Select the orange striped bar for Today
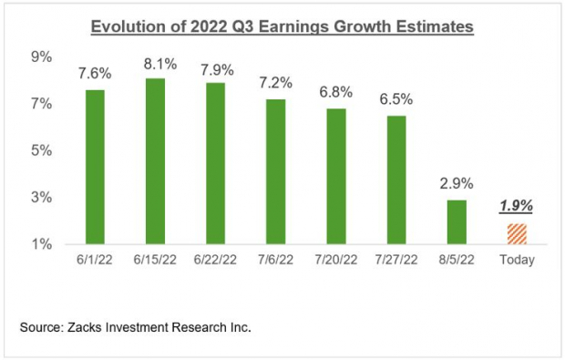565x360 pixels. click(x=516, y=233)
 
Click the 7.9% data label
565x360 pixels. click(x=216, y=68)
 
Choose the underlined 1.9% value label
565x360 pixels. click(x=516, y=207)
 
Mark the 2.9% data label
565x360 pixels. click(x=456, y=185)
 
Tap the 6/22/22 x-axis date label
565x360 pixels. click(x=216, y=260)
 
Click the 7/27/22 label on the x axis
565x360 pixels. click(x=395, y=260)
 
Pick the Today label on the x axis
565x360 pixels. click(x=516, y=260)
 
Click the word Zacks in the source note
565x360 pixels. click(x=101, y=325)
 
